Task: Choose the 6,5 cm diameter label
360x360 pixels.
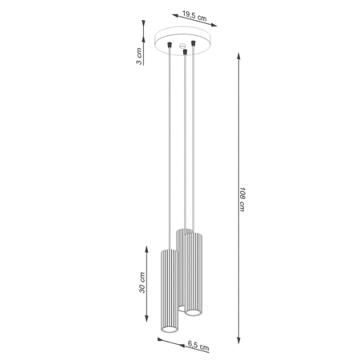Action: point(199,346)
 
